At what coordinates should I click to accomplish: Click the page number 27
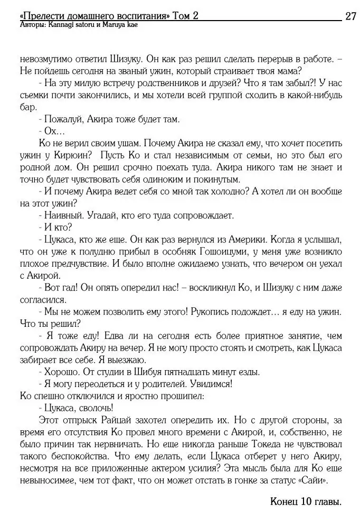click(350, 16)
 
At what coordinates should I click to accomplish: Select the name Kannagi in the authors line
click(64, 25)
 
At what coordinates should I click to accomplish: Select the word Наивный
click(63, 216)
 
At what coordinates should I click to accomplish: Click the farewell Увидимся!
click(209, 384)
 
